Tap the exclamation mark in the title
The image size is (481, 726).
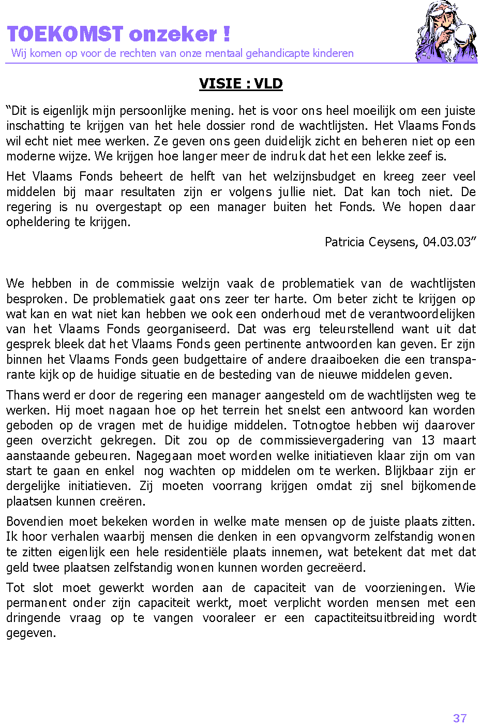point(227,34)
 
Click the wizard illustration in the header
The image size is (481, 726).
point(445,32)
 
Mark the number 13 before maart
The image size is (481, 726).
point(428,440)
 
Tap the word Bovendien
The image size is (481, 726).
point(35,522)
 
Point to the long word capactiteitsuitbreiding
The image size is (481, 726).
point(374,618)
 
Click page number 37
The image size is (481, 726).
point(460,718)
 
